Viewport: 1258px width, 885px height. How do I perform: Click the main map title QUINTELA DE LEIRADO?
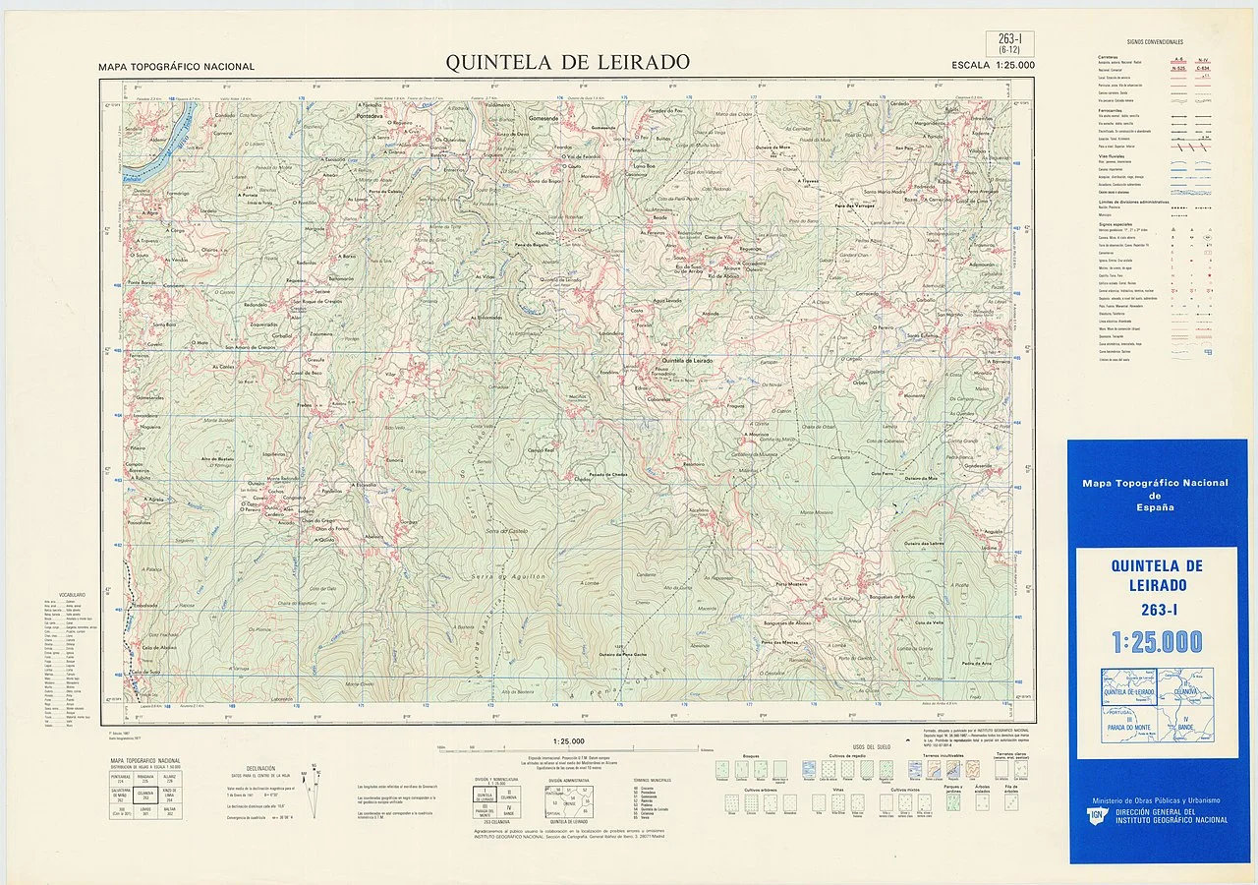(x=567, y=62)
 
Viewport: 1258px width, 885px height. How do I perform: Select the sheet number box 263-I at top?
(x=1008, y=41)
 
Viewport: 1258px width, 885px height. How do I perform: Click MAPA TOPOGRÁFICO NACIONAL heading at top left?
(x=176, y=67)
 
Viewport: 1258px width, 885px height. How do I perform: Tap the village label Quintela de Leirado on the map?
(x=687, y=361)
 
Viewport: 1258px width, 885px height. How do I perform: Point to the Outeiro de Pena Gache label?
(x=623, y=654)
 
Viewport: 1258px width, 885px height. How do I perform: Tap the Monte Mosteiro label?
(x=816, y=512)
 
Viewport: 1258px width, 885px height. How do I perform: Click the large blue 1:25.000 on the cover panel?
(x=1157, y=642)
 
